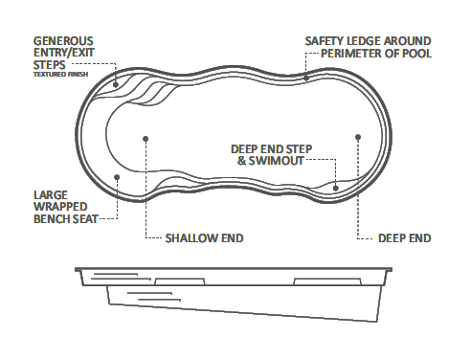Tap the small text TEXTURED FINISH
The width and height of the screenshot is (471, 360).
pyautogui.click(x=58, y=74)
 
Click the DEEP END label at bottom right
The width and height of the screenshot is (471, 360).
pyautogui.click(x=406, y=236)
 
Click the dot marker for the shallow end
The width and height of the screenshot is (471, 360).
pyautogui.click(x=145, y=138)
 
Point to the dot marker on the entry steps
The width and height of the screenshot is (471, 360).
pyautogui.click(x=117, y=84)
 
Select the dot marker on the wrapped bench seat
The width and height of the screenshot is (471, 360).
pyautogui.click(x=117, y=174)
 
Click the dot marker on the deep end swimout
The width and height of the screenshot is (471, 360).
pyautogui.click(x=335, y=188)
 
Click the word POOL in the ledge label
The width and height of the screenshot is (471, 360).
pyautogui.click(x=417, y=54)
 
